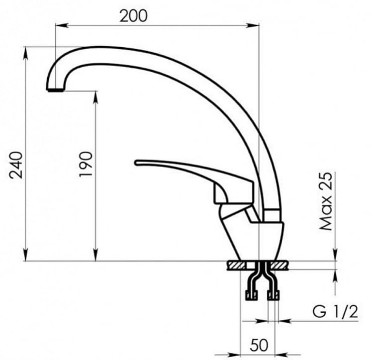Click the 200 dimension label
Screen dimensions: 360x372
click(133, 16)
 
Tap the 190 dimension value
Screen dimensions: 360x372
click(85, 165)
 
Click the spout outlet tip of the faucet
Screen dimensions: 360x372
click(55, 90)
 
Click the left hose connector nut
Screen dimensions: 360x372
click(250, 296)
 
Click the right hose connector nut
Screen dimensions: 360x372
click(273, 296)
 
